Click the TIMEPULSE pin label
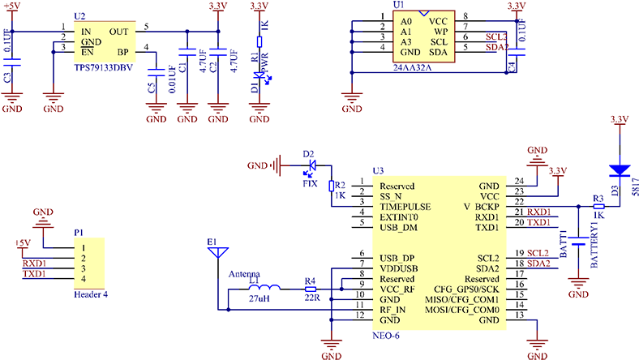coord(405,207)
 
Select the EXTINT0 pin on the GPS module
coord(399,217)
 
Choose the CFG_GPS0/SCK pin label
coord(466,289)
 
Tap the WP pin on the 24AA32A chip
coord(440,31)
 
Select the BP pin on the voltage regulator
coord(122,52)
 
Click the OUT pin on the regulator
coord(118,31)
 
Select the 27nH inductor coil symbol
coord(264,288)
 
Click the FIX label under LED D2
coord(310,184)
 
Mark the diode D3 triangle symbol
coord(620,171)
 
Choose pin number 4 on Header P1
coord(83,279)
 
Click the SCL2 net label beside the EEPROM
coord(495,37)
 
